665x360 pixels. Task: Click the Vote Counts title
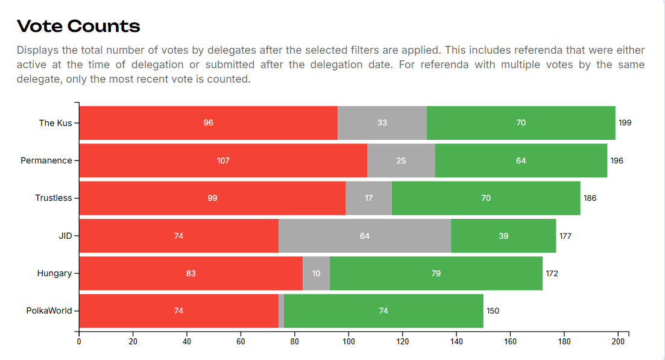point(78,26)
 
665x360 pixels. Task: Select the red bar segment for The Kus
point(208,123)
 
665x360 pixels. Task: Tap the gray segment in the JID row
point(365,236)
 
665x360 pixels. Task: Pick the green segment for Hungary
point(436,273)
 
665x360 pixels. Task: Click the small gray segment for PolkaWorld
point(281,311)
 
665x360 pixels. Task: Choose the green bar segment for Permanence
point(521,160)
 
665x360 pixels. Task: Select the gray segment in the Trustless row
point(368,198)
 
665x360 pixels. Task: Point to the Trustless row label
point(53,198)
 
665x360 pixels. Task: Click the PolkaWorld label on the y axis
point(49,311)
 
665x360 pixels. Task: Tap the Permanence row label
point(46,160)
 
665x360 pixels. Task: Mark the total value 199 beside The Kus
point(625,123)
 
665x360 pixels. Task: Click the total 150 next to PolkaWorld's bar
point(493,311)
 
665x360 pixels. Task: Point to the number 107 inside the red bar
point(223,160)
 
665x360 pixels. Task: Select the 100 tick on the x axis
point(348,341)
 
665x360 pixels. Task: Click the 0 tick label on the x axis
point(79,341)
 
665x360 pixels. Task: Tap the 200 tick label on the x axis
point(618,341)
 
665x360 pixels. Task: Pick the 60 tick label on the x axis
point(241,341)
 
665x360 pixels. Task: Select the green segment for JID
point(503,236)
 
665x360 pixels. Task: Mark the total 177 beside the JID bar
point(565,236)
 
